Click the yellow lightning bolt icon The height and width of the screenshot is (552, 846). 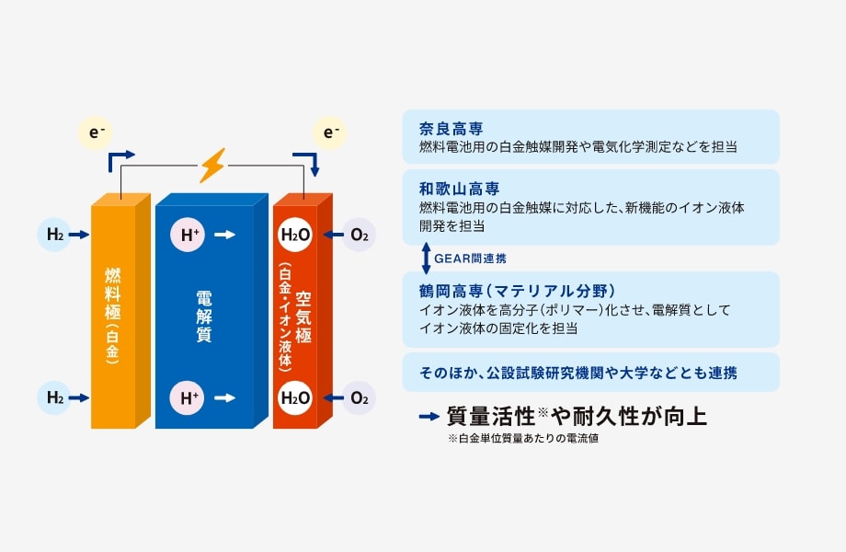point(212,166)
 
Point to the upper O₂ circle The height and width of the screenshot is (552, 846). point(359,236)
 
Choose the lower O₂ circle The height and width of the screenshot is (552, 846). point(359,398)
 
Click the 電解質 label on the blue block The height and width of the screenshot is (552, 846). point(204,317)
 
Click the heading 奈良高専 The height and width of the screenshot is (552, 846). point(451,128)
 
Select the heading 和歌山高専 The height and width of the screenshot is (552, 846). point(459,188)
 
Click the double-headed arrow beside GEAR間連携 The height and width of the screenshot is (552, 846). point(425,259)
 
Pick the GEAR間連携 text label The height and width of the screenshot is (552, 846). point(469,259)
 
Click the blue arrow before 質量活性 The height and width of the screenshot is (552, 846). point(429,417)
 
